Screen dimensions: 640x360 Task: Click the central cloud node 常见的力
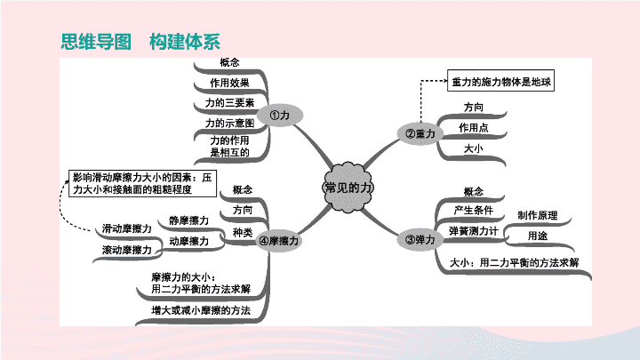[348, 188]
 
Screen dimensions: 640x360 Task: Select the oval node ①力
[280, 115]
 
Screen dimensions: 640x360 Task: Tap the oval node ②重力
[420, 133]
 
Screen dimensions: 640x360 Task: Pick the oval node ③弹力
[420, 240]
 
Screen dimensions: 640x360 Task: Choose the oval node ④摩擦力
[279, 241]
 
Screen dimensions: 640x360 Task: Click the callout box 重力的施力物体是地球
[500, 80]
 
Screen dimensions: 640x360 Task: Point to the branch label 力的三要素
[229, 103]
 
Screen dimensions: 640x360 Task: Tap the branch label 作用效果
[229, 83]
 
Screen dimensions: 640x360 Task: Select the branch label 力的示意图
[229, 123]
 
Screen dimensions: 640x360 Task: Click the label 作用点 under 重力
[474, 128]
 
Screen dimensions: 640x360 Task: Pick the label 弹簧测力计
[474, 231]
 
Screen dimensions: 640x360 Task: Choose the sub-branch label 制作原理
[538, 215]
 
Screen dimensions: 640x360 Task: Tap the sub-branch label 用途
[538, 236]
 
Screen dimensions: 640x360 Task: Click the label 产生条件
[474, 211]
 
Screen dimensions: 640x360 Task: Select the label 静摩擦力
[189, 220]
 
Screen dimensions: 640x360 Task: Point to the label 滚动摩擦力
[126, 250]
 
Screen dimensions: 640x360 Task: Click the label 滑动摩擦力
[126, 228]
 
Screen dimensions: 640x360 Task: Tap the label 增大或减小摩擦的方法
[201, 310]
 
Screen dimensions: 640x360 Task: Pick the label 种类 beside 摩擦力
[243, 232]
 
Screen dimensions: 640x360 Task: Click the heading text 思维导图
[96, 42]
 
